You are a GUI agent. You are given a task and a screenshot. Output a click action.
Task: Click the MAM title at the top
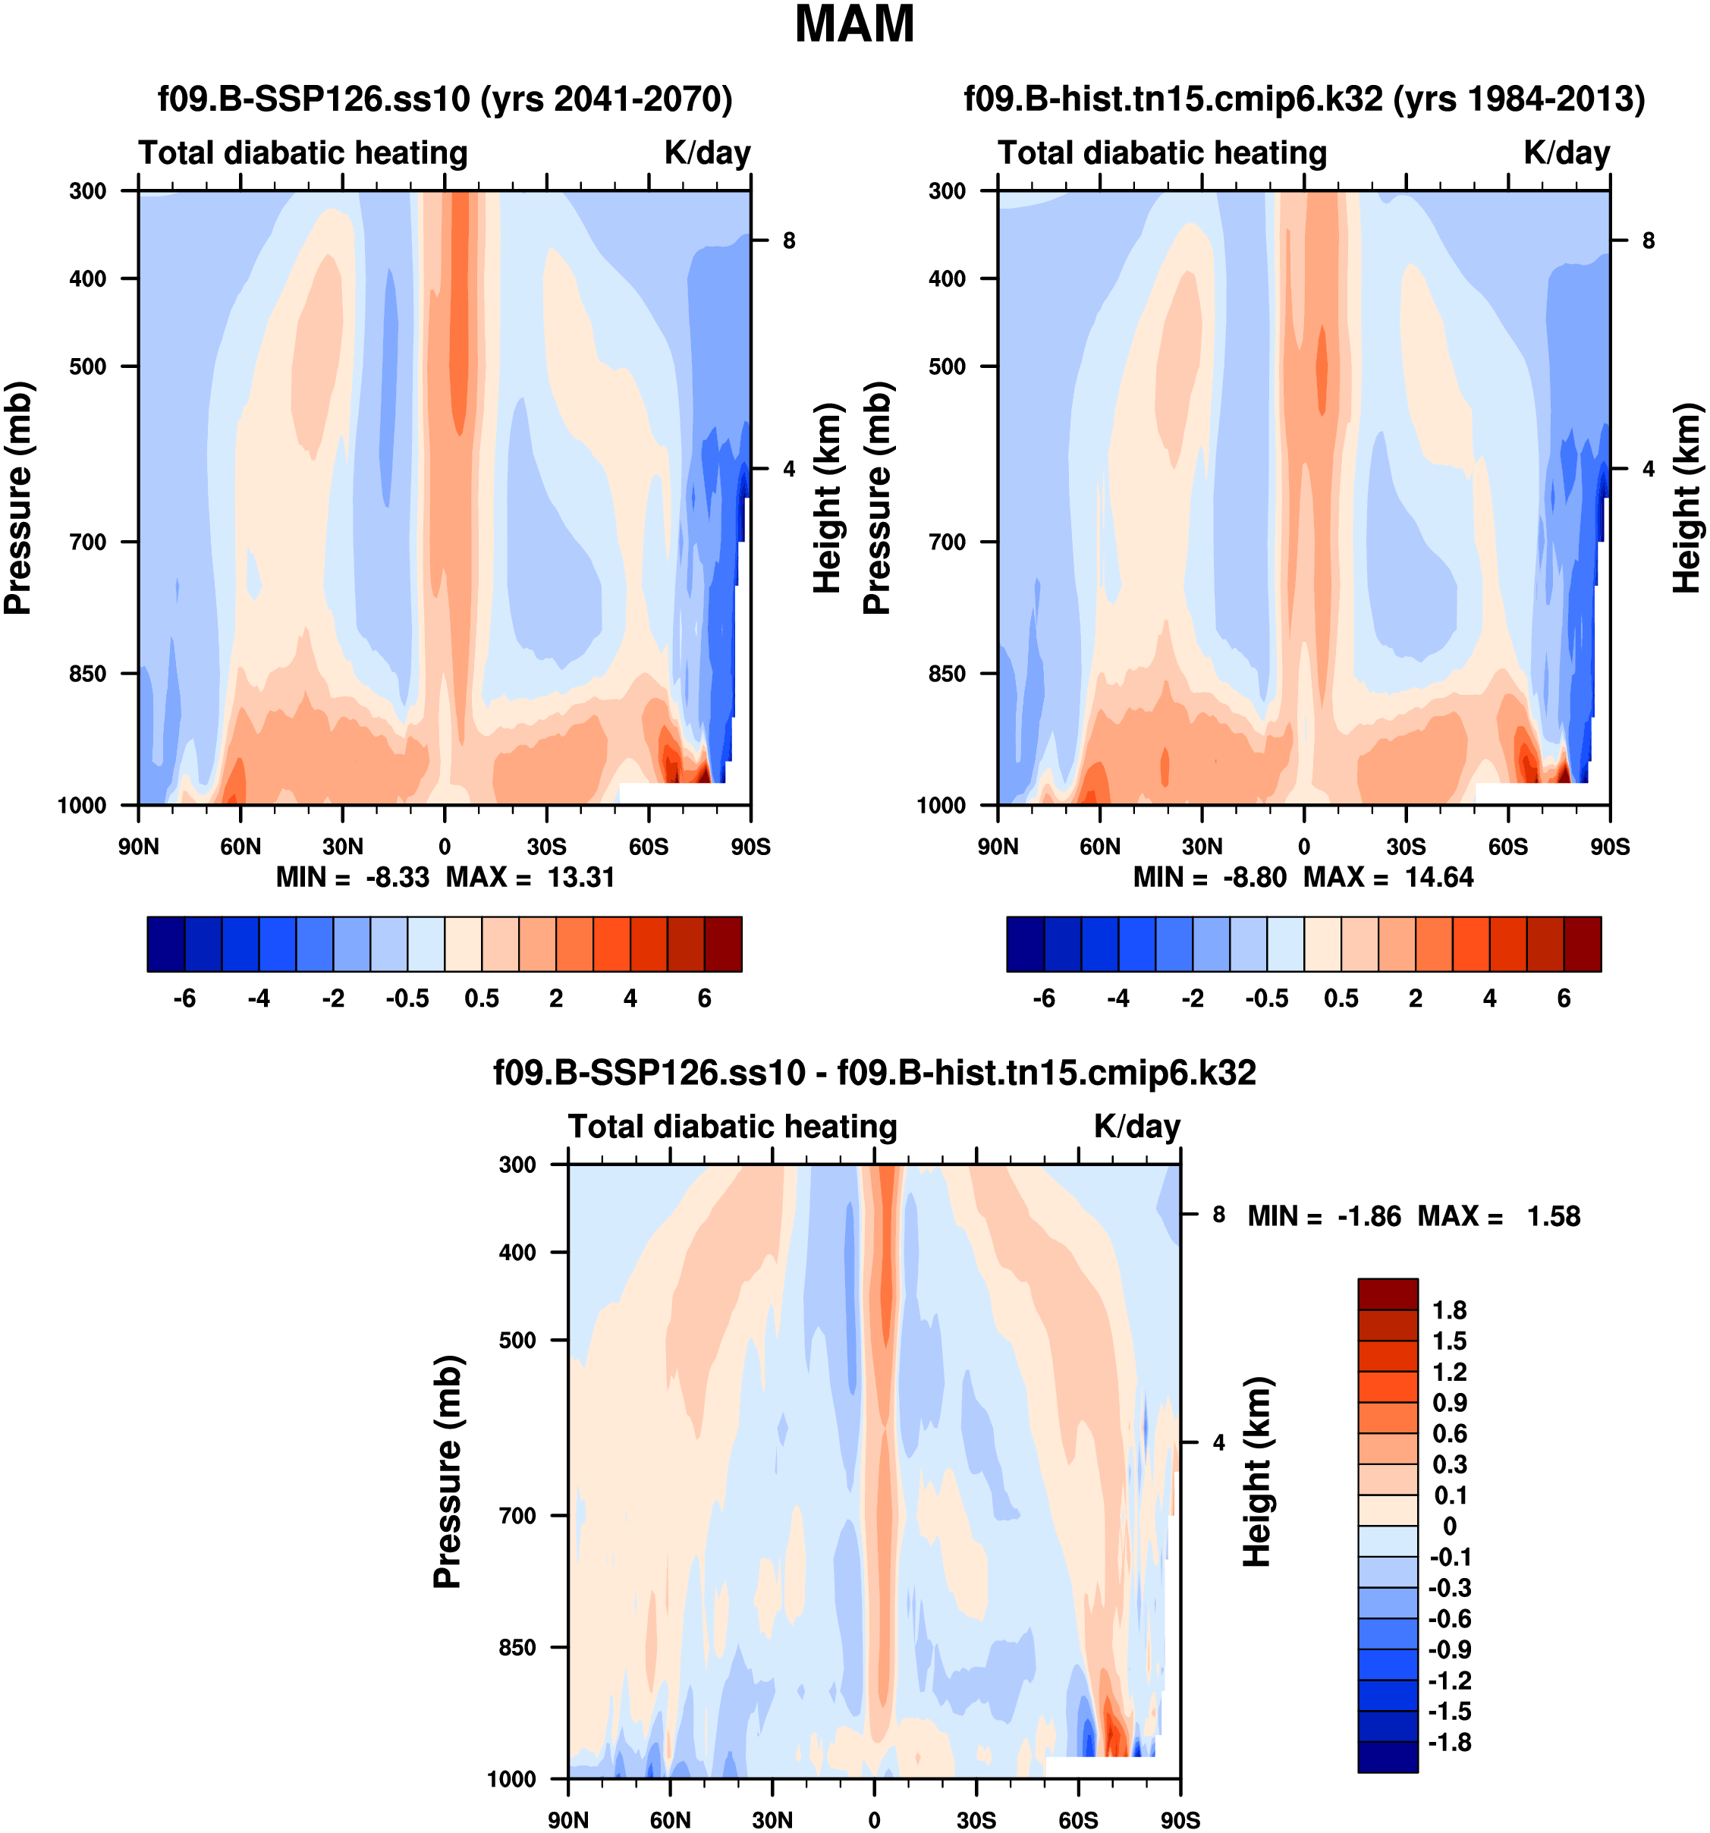tap(854, 25)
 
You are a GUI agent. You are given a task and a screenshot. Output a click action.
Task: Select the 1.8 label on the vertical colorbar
tap(1449, 1310)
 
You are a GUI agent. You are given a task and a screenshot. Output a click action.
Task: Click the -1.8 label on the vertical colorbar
tap(1449, 1742)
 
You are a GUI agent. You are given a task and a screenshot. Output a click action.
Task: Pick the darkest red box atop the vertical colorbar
tap(1388, 1294)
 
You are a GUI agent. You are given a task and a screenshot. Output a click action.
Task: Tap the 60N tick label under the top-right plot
tap(1100, 847)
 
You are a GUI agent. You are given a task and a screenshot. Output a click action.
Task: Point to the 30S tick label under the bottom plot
tap(976, 1819)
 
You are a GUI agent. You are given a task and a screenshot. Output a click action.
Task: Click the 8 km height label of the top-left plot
tap(789, 241)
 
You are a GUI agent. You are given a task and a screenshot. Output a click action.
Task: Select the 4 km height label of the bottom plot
tap(1218, 1443)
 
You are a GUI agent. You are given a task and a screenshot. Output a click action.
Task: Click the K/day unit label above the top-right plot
tap(1566, 153)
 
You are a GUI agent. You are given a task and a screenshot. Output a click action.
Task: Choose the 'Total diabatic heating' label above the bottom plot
tap(732, 1127)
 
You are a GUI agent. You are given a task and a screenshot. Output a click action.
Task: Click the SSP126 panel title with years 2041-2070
tap(445, 99)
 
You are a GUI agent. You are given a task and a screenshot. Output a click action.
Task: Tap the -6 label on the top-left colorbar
tap(184, 998)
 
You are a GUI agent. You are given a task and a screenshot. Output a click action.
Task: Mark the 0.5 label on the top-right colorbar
tap(1341, 998)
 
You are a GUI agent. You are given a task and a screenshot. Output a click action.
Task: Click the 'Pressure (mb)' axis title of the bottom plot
tap(447, 1472)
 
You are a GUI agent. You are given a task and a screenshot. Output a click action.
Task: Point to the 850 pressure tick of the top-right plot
tap(947, 674)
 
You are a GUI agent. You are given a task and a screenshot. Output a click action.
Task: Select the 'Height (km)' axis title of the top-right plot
tap(1686, 498)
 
